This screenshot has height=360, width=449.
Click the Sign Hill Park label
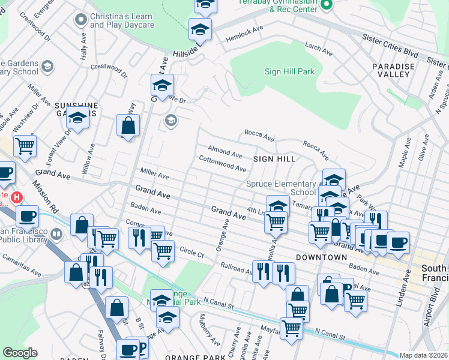[x=289, y=72]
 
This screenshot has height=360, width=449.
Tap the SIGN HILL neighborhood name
[x=274, y=159]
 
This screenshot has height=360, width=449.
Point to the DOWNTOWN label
[x=321, y=257]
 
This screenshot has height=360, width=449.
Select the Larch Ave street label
[x=318, y=49]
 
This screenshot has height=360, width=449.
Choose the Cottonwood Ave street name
[x=223, y=164]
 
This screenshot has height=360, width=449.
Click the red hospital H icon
[x=17, y=197]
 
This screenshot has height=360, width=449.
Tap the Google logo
[x=20, y=353]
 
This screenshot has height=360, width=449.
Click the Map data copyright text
[x=423, y=355]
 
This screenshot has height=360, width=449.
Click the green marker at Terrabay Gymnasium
[x=327, y=5]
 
